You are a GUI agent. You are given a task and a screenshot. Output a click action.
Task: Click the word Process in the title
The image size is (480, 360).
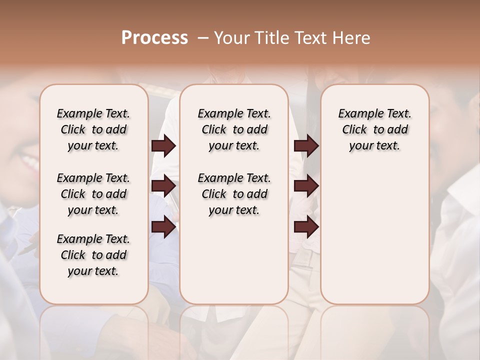[x=154, y=38]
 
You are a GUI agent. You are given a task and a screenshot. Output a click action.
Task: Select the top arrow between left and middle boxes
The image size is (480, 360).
[x=163, y=145]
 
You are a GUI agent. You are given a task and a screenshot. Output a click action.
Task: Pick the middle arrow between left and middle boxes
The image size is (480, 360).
[x=163, y=186]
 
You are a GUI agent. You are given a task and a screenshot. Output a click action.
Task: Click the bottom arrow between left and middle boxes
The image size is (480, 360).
[x=163, y=227]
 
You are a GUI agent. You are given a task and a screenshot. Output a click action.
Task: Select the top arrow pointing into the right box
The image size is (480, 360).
[x=306, y=145]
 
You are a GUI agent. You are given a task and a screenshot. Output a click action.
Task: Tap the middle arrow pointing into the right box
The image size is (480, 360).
[x=306, y=186]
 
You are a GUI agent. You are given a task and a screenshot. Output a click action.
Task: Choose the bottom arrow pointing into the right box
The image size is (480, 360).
[x=306, y=227]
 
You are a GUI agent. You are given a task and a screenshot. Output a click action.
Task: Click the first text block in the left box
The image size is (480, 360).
[x=93, y=129]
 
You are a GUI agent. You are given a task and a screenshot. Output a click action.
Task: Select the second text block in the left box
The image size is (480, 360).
[x=93, y=194]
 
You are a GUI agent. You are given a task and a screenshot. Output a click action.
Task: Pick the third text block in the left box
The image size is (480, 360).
[x=93, y=255]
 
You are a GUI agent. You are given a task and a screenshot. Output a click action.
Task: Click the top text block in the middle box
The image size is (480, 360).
[x=234, y=129]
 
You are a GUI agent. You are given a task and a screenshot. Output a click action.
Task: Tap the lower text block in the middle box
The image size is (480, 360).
[x=234, y=194]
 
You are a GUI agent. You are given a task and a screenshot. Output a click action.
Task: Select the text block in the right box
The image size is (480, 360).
[x=374, y=129]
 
